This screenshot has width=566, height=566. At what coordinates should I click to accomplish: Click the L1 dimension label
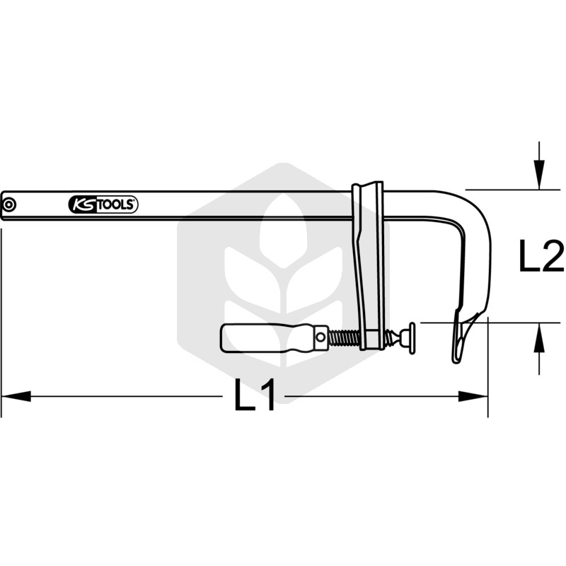255,395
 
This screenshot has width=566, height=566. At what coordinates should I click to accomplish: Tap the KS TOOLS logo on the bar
103,204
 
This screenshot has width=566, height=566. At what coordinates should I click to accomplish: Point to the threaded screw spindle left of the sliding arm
345,338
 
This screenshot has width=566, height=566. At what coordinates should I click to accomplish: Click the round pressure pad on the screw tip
412,338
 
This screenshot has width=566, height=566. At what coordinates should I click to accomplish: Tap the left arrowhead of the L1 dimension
16,396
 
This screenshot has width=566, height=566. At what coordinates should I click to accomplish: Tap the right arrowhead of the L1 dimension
473,396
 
